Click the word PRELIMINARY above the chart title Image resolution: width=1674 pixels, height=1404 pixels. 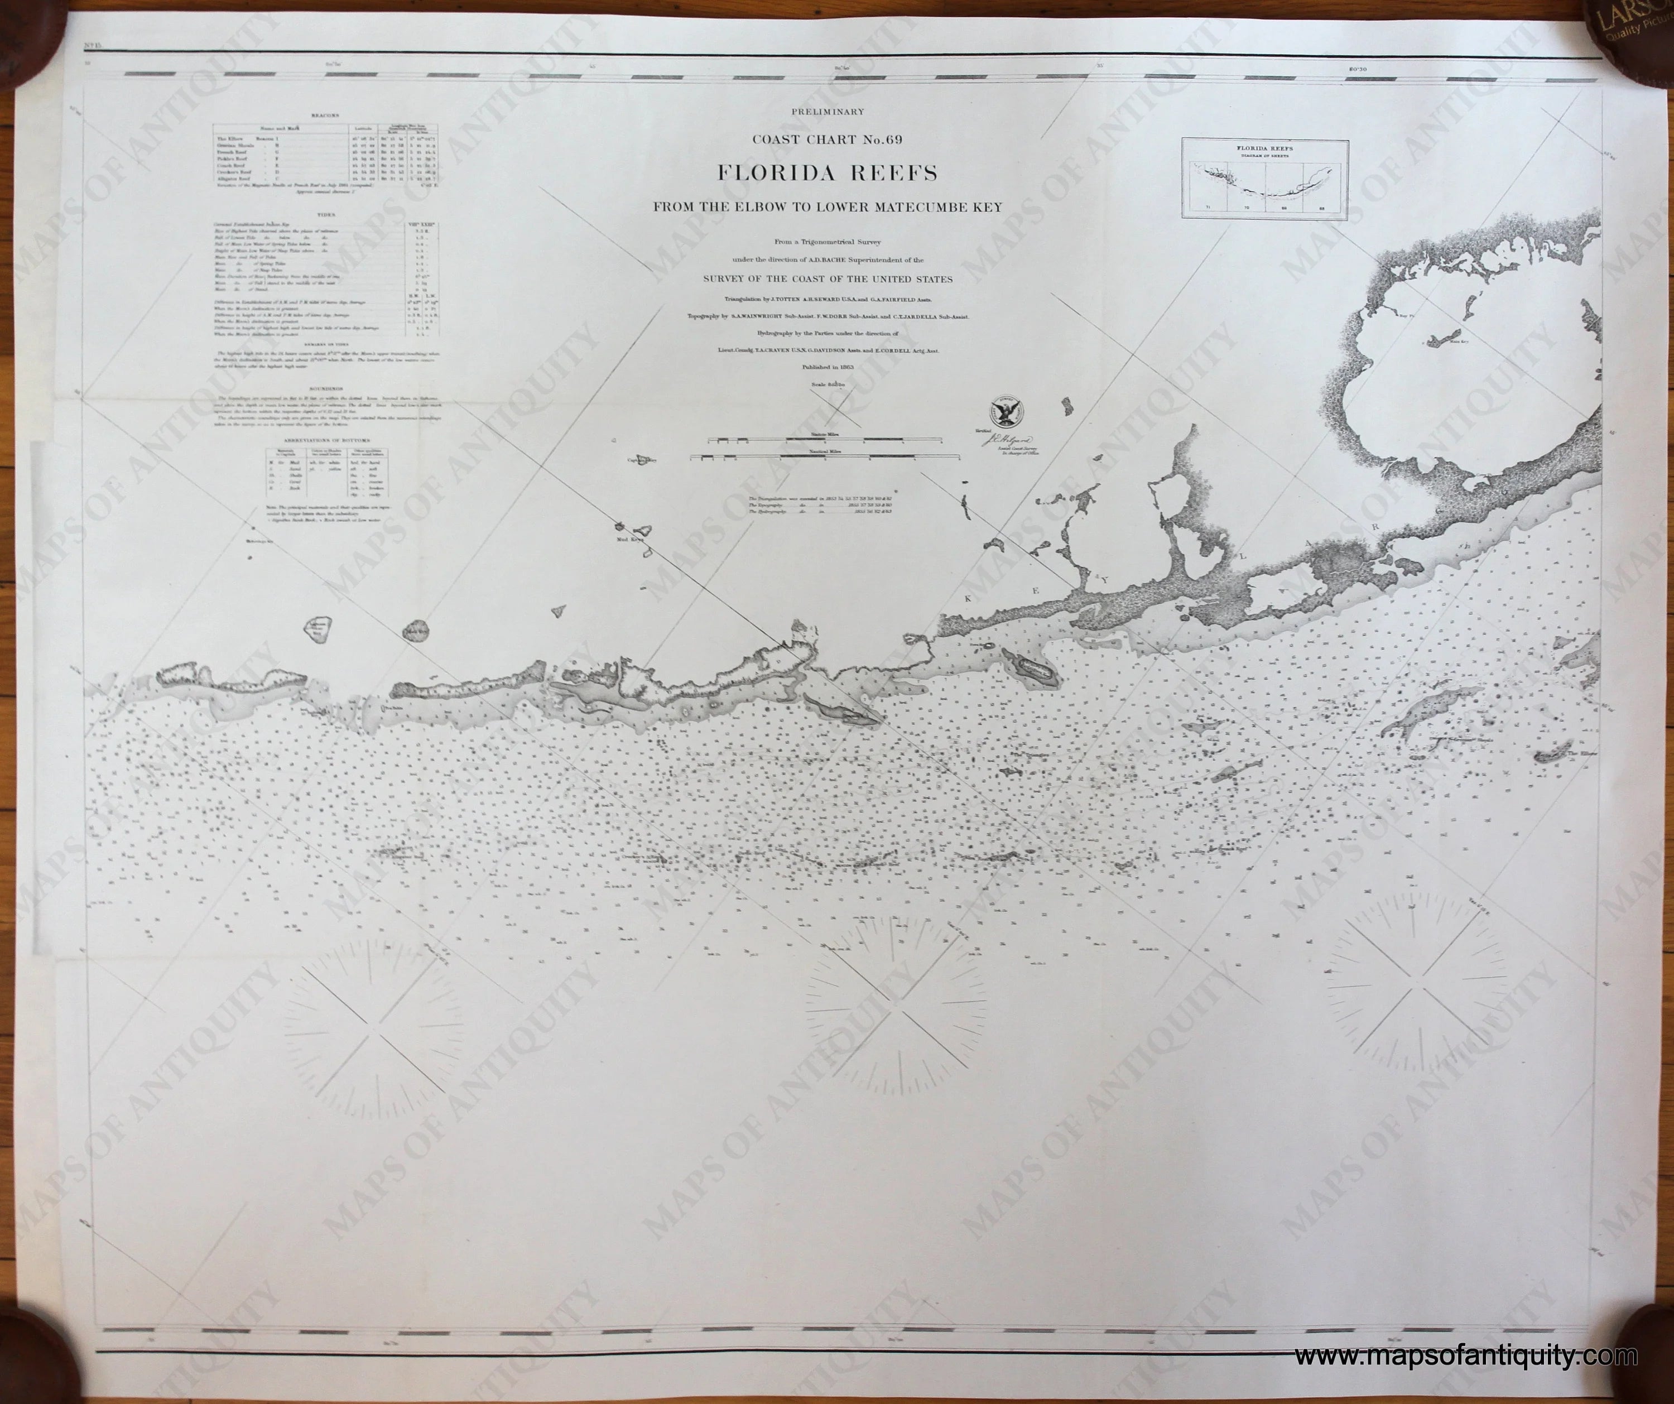tap(828, 112)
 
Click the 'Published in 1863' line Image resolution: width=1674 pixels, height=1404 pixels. tap(828, 368)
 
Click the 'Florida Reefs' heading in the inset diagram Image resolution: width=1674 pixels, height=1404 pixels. tap(1264, 148)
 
